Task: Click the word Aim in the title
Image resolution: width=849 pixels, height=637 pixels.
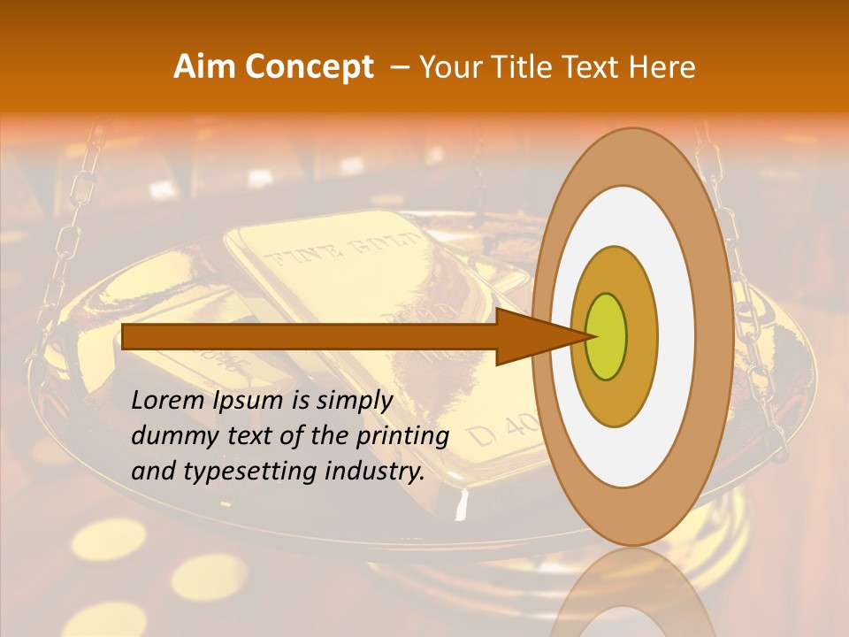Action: pos(205,67)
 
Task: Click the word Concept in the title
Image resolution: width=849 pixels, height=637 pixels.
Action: pos(309,67)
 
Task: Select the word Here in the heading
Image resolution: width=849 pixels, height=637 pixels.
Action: pos(662,67)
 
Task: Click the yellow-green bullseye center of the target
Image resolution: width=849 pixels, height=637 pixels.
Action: pos(606,336)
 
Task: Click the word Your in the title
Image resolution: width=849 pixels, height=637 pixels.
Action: pos(447,67)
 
